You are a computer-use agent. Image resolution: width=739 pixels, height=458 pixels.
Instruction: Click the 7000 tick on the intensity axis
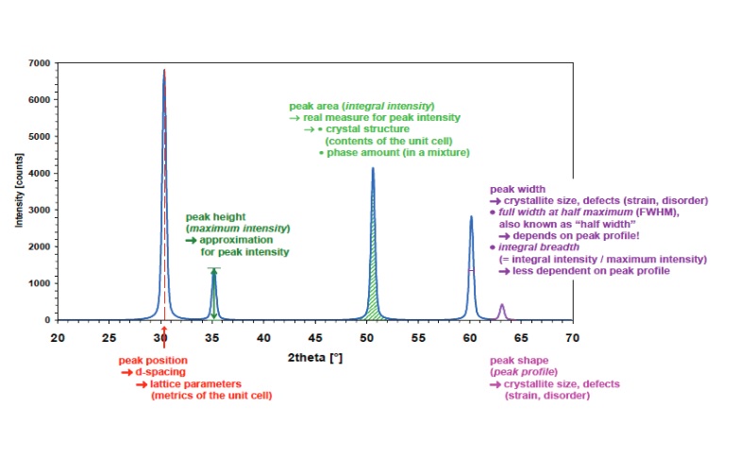pyautogui.click(x=42, y=62)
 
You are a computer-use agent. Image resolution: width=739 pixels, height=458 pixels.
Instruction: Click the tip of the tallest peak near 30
pyautogui.click(x=164, y=70)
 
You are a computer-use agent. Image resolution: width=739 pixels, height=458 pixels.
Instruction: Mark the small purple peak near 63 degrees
pyautogui.click(x=502, y=310)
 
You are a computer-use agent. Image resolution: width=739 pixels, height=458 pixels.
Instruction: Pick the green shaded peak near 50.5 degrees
pyautogui.click(x=374, y=283)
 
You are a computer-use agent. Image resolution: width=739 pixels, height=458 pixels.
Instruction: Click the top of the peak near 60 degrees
pyautogui.click(x=471, y=217)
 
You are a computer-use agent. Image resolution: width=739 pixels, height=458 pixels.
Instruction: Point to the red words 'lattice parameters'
pyautogui.click(x=194, y=383)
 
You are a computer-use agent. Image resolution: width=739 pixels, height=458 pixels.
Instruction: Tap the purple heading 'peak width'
pyautogui.click(x=517, y=190)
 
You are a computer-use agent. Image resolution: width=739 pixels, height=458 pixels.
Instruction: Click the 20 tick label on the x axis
pyautogui.click(x=59, y=336)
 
